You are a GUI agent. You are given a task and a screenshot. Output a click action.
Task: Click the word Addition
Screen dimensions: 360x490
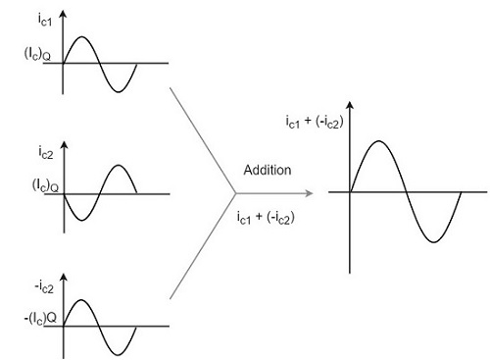[268, 170]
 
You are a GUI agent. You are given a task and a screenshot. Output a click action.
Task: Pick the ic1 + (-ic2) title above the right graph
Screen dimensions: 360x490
[315, 123]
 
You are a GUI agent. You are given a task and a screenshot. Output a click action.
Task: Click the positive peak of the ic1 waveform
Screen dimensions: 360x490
[81, 37]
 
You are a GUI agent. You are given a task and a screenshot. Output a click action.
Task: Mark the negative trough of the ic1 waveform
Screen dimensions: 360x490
[118, 91]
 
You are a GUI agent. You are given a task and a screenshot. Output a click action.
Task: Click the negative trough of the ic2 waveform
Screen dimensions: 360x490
[81, 220]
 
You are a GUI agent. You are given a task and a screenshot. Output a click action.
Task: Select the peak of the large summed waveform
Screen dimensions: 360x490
[377, 141]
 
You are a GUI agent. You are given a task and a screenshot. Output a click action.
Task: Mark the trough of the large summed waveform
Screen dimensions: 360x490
[432, 241]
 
